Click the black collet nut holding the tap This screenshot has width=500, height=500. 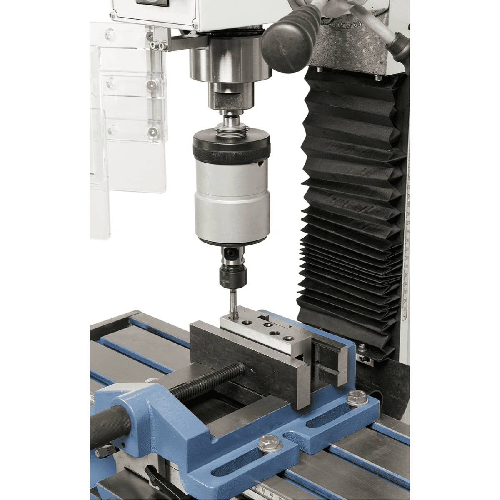[x=233, y=276]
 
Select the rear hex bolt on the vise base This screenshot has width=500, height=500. [x=356, y=397]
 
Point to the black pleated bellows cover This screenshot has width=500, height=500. [x=350, y=208]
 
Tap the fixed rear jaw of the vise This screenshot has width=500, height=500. [x=329, y=358]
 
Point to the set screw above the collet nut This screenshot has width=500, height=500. [x=227, y=252]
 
